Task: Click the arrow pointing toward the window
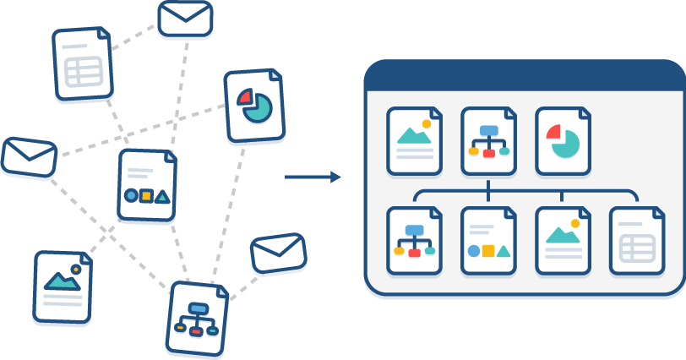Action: point(313,177)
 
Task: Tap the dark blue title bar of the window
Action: point(524,76)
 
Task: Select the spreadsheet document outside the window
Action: point(83,65)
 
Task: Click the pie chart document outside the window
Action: point(254,106)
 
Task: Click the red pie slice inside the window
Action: point(553,132)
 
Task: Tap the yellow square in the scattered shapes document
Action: point(146,196)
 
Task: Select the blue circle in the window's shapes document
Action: point(474,251)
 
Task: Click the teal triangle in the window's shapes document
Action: point(504,251)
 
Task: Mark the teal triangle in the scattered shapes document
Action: point(162,197)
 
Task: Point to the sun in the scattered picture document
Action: point(75,270)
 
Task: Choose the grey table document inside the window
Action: point(636,241)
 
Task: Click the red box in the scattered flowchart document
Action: point(196,330)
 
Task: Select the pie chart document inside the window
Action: point(563,141)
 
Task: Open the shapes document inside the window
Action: point(488,241)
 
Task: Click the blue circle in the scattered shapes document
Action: point(131,195)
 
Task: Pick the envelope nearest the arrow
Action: point(278,254)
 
